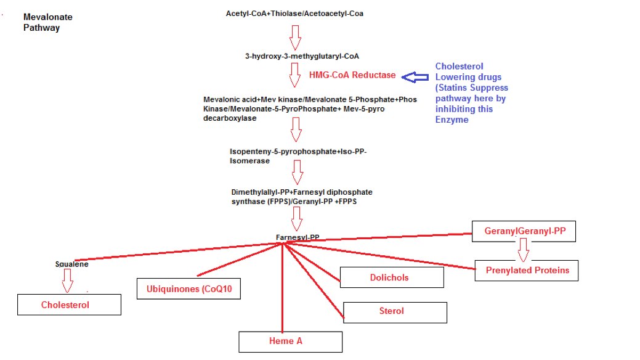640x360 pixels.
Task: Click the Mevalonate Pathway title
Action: tap(48, 22)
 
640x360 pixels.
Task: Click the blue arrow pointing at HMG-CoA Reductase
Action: tap(415, 77)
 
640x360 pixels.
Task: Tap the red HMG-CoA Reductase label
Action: tap(352, 75)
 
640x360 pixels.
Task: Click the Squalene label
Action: tap(72, 264)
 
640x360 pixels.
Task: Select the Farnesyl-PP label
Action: tap(298, 237)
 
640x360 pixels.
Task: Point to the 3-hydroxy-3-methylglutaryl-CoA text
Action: tap(302, 56)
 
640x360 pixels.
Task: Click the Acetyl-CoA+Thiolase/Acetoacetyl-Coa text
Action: tap(294, 14)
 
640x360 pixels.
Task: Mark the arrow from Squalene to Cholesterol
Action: tap(67, 280)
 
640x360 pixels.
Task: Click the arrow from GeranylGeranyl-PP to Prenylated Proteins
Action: tap(523, 250)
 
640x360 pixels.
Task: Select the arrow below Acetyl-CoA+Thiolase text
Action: tap(295, 38)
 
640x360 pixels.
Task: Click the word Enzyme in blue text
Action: tap(452, 120)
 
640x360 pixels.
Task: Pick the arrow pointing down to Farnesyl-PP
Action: tap(297, 219)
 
